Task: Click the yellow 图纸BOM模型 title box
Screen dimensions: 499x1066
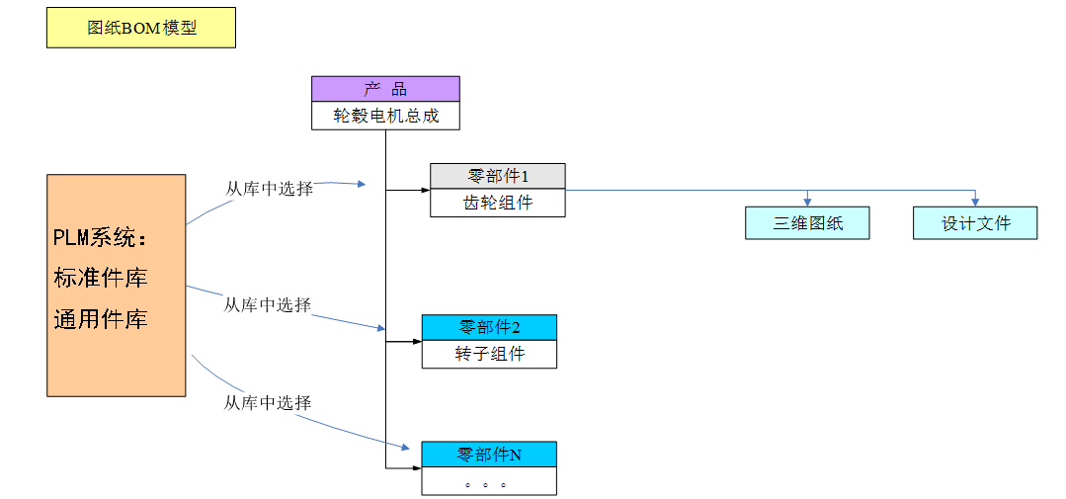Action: point(141,28)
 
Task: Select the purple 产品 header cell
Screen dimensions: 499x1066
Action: point(385,89)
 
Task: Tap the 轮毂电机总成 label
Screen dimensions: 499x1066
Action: point(385,116)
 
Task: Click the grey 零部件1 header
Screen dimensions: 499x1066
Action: point(498,176)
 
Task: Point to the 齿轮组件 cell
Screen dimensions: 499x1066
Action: point(498,203)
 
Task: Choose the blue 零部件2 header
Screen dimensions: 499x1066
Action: point(489,327)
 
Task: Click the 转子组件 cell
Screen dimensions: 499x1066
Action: point(489,354)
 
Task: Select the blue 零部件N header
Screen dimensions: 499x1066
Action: point(489,455)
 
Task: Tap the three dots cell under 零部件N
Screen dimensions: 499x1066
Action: point(489,482)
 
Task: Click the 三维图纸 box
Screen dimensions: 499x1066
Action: point(807,222)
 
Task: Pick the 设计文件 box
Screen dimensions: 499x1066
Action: point(975,222)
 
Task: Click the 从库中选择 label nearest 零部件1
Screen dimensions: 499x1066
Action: point(270,189)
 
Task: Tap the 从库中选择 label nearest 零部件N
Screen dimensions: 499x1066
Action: point(268,403)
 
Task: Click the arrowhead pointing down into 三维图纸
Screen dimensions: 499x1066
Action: point(808,202)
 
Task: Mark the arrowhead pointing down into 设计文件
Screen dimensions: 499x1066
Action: point(976,202)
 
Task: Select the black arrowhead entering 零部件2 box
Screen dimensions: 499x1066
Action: point(417,342)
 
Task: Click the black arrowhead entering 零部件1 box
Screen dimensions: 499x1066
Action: point(425,190)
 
